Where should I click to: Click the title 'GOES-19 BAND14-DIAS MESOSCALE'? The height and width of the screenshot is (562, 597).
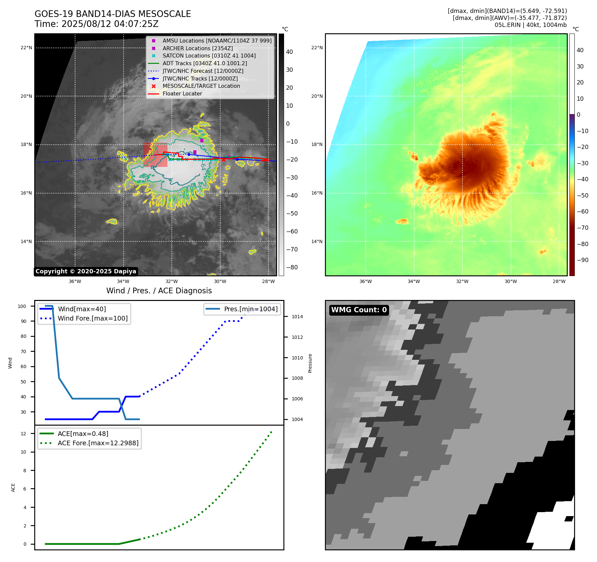(113, 14)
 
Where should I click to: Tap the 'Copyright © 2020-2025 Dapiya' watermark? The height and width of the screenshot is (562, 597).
(86, 271)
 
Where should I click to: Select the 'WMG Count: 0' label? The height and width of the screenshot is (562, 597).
(359, 310)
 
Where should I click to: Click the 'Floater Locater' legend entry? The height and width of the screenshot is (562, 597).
(182, 94)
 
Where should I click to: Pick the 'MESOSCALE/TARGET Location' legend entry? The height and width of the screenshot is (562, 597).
(201, 86)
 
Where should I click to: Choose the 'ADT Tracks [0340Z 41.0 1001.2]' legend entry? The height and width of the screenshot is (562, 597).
(205, 63)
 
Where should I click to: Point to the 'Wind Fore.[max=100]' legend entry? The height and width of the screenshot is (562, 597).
(93, 318)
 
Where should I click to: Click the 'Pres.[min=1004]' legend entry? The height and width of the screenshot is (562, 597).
(250, 309)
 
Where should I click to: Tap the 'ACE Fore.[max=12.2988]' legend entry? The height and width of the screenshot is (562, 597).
(98, 443)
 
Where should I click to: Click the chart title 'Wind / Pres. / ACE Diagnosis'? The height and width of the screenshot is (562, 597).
(159, 291)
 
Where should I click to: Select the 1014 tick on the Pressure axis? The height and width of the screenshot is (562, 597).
(297, 317)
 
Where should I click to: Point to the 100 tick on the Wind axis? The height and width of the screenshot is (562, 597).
(22, 306)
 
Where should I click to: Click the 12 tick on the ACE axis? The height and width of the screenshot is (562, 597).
(23, 434)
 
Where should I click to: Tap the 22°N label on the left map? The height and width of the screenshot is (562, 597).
(26, 48)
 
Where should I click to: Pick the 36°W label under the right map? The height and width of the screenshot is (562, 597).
(365, 281)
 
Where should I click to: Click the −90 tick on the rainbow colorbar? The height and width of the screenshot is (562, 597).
(582, 260)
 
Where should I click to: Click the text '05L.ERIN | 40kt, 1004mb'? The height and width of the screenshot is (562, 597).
(530, 25)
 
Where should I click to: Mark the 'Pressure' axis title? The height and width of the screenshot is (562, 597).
(310, 363)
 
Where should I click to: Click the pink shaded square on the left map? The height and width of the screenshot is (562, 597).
(155, 155)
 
